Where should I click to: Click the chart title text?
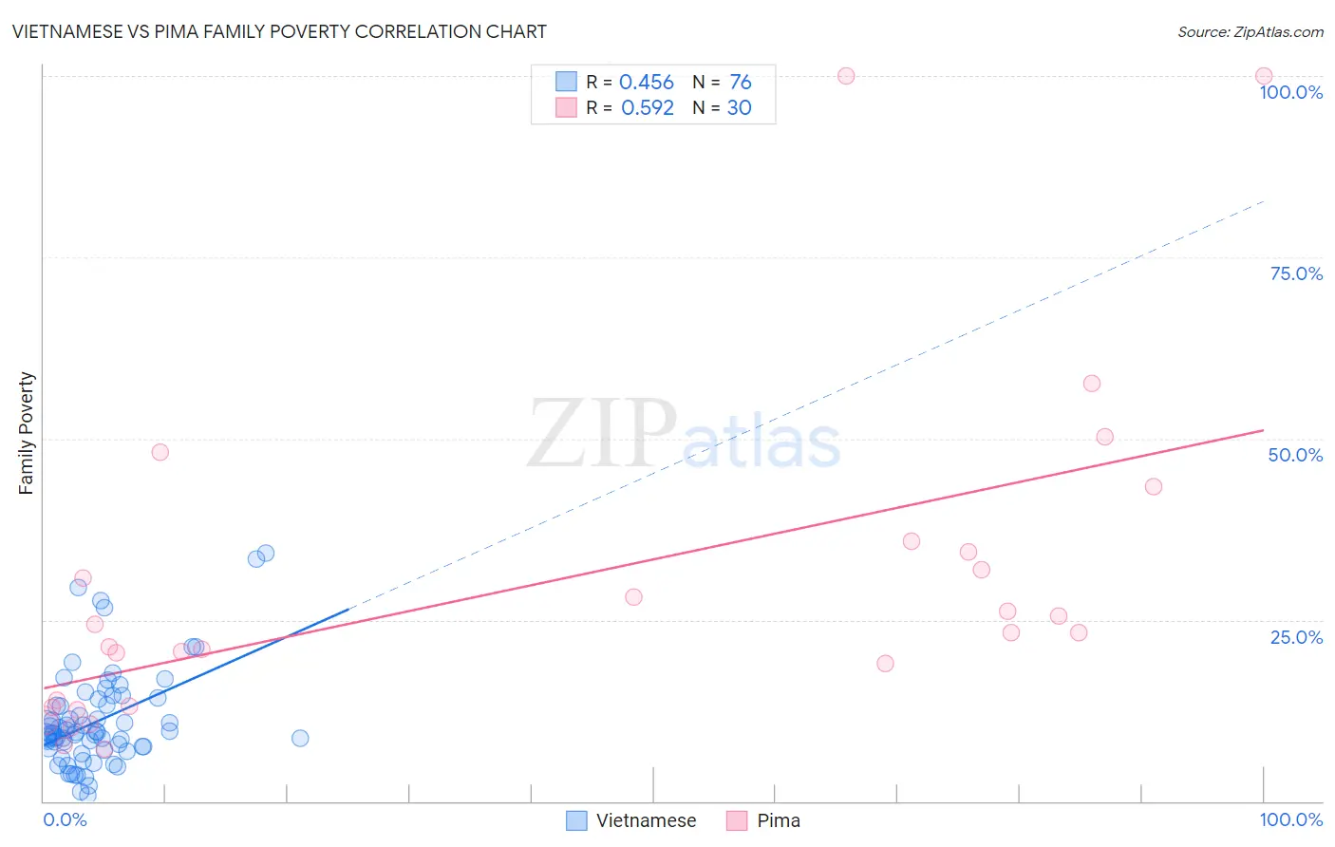[279, 31]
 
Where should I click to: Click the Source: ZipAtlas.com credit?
[1250, 32]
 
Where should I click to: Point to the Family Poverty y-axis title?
[27, 433]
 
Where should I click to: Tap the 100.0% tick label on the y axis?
[1290, 92]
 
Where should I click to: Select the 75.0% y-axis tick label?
[1296, 273]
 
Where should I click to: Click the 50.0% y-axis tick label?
[1295, 455]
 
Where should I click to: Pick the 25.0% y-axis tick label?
[1296, 637]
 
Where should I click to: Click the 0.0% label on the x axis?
[65, 819]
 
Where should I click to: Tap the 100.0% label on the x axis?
[1290, 819]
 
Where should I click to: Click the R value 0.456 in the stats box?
[646, 83]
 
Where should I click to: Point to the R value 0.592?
[647, 108]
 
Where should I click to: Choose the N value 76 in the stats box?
[740, 83]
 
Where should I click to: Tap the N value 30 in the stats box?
[739, 108]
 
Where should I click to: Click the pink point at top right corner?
[1263, 76]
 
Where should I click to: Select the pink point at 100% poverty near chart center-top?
[846, 76]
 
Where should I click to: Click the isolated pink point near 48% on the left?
[160, 452]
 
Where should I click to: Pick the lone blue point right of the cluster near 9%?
[300, 738]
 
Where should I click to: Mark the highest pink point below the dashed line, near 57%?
[1091, 384]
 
